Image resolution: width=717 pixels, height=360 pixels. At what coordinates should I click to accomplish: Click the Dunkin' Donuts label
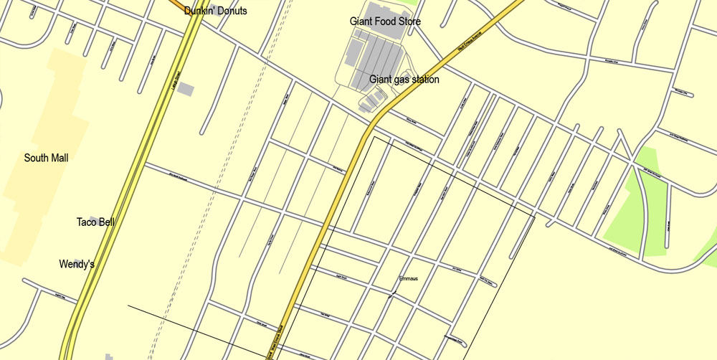215,11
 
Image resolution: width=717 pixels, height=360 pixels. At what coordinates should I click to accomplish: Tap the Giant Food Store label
385,22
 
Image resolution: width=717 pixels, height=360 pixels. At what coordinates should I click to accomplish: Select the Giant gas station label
404,80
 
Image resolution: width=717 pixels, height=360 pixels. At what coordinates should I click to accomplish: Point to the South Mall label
46,158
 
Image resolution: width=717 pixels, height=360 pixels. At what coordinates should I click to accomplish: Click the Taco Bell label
95,222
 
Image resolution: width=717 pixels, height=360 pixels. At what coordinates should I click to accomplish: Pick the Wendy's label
77,265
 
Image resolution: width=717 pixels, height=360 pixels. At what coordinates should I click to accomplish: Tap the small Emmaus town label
407,278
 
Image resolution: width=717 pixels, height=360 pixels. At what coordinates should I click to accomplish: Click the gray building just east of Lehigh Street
186,90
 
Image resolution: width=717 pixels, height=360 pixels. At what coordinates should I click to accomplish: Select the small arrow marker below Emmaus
391,294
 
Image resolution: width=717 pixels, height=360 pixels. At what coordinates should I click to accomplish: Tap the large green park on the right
638,208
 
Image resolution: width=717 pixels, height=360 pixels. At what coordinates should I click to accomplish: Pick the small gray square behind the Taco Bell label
95,218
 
